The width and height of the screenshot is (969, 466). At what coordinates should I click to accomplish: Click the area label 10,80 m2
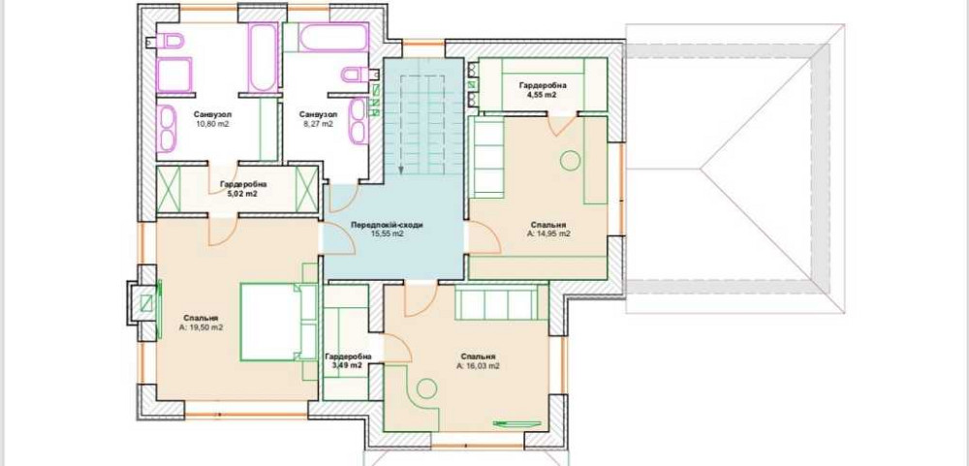[x=212, y=124]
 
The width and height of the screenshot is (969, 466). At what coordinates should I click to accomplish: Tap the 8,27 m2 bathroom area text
[x=318, y=124]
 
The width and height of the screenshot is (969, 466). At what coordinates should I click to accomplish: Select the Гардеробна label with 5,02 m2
[x=243, y=184]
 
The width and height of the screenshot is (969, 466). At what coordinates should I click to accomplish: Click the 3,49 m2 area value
[x=348, y=366]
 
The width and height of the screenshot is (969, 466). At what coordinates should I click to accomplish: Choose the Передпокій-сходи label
[x=387, y=225]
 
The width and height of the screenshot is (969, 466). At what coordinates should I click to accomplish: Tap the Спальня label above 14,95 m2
[x=548, y=225]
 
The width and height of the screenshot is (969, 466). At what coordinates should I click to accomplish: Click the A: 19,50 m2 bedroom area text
[x=201, y=327]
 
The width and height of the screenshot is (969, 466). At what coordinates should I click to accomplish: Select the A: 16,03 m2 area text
[x=478, y=366]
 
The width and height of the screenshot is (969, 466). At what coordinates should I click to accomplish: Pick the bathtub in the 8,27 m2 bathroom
[x=334, y=38]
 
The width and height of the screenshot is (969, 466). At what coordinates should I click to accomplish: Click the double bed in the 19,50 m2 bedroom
[x=278, y=322]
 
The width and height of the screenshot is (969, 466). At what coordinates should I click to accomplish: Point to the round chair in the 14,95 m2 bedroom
[x=570, y=161]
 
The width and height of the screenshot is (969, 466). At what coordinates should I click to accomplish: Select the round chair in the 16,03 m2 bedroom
[x=426, y=388]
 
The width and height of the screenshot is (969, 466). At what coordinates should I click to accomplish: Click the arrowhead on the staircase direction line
[x=400, y=170]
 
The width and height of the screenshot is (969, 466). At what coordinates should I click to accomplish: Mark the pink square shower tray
[x=173, y=75]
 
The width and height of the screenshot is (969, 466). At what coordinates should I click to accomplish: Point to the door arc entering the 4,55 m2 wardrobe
[x=563, y=126]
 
